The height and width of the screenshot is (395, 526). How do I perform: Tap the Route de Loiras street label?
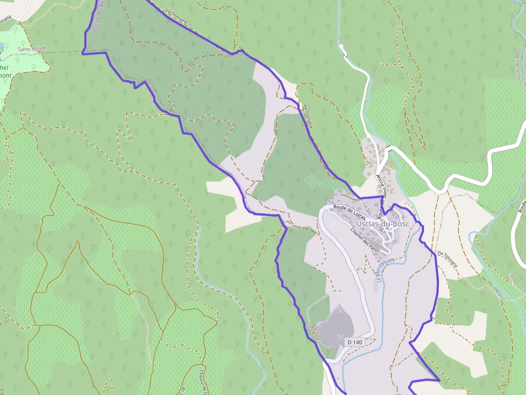[x=349, y=212]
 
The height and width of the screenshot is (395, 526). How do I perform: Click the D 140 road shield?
[x=354, y=342]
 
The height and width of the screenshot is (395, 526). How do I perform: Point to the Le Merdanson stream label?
[x=385, y=266]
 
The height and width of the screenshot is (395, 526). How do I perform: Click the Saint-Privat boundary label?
[x=32, y=48]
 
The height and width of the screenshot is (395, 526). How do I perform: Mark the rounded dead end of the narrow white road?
[x=341, y=47]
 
